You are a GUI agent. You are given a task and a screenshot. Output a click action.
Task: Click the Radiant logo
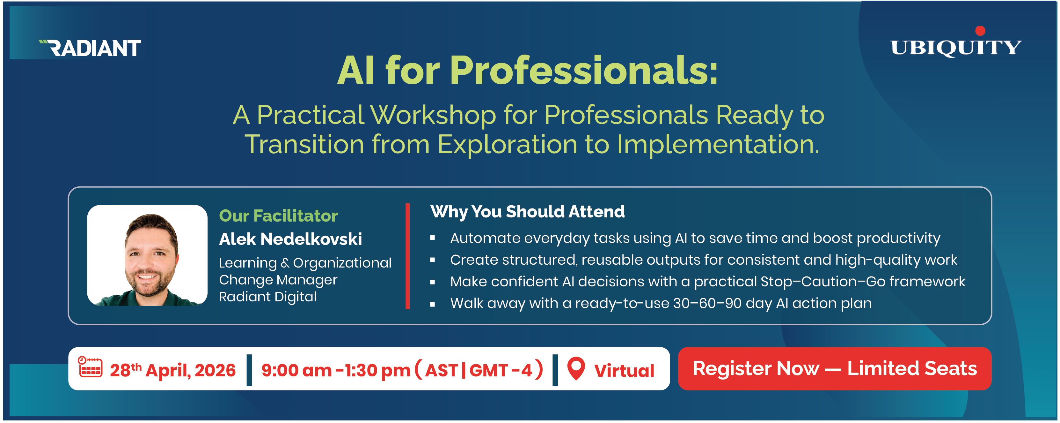[x=91, y=48]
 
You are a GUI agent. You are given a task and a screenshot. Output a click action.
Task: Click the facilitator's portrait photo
[x=147, y=255]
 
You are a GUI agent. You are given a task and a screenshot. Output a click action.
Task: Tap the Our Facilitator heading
[x=278, y=216]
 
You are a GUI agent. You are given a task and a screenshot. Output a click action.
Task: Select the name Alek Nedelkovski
[x=290, y=239]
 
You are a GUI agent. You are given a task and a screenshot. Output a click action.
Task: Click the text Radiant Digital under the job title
[x=267, y=297]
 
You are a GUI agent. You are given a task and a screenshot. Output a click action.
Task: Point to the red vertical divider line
[x=407, y=256]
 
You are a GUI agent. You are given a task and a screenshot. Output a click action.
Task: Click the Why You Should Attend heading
[x=527, y=212]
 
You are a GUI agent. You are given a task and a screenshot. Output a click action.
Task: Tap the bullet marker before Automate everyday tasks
[x=433, y=238]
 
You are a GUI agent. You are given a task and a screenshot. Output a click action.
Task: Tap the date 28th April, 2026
[x=173, y=370]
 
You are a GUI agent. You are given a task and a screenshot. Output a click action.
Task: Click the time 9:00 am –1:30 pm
[x=335, y=370]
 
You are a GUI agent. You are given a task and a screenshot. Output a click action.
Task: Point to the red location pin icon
[x=576, y=368]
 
